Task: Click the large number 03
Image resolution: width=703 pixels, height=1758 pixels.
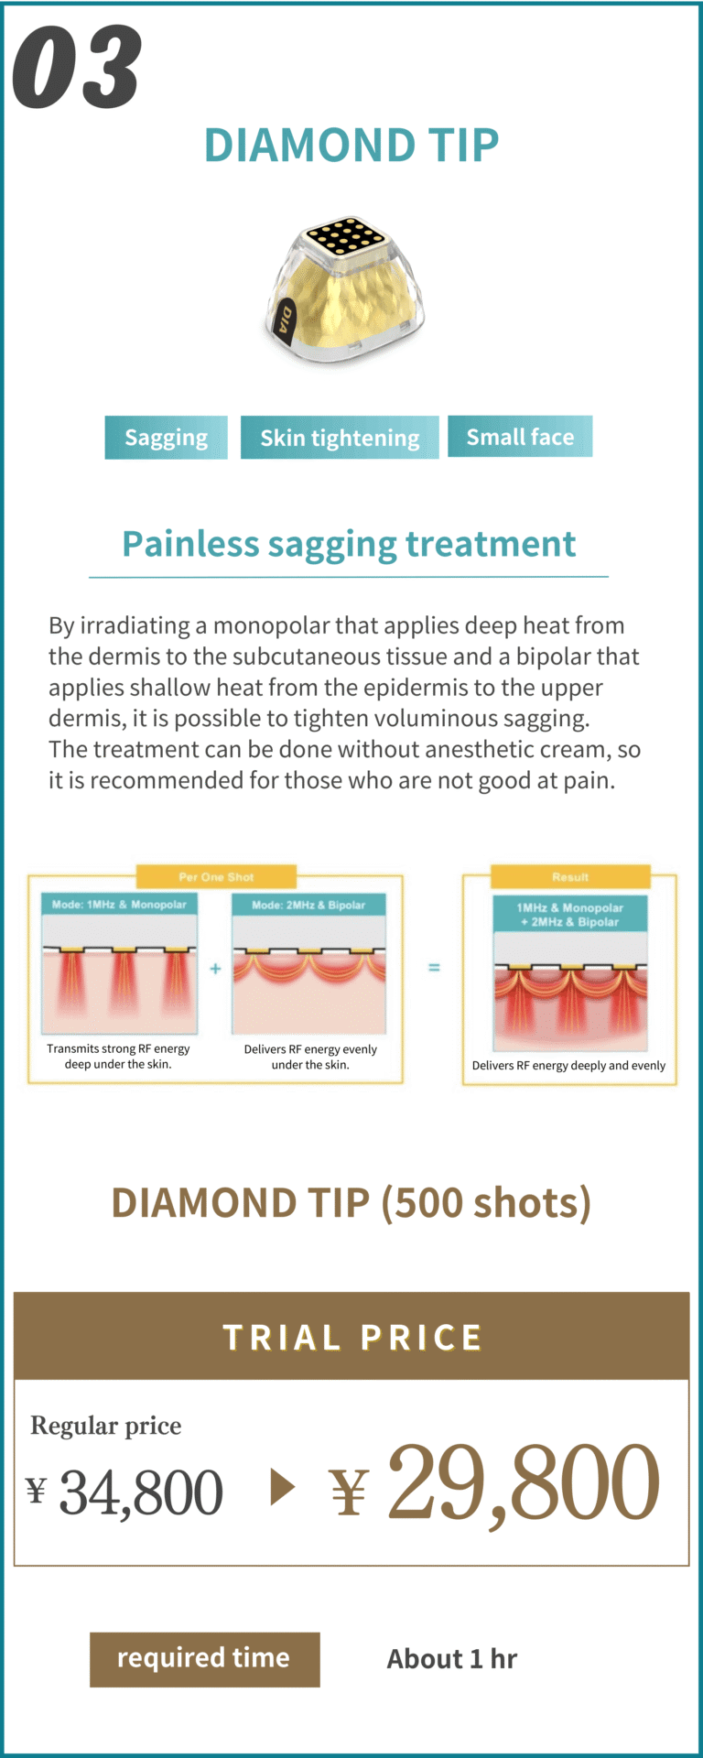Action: pos(77,67)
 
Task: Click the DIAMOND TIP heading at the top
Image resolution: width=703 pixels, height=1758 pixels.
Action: pos(351,145)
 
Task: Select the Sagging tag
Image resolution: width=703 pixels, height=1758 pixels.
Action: pos(166,438)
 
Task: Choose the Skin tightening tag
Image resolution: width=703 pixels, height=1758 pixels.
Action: pos(340,438)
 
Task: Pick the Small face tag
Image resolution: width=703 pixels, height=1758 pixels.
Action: pos(520,437)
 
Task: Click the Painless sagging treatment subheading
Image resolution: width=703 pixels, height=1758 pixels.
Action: pos(349,544)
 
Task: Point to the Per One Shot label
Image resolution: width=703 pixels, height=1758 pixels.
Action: pos(216,876)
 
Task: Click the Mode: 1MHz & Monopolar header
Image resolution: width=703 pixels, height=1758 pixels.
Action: pos(119,905)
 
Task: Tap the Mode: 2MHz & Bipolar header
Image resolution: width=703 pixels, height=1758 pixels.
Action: pos(308,905)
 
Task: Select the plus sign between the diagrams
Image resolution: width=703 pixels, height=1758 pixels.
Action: pos(215,968)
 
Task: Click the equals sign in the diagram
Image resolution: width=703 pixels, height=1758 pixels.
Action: pos(434,967)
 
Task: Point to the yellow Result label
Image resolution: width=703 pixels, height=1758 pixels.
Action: pos(570,876)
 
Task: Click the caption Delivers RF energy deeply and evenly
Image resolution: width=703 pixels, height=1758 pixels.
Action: pos(568,1066)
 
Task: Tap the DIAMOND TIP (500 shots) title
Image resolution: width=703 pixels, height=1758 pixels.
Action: pos(351,1203)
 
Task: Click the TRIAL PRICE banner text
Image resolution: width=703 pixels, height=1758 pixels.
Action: pos(352,1338)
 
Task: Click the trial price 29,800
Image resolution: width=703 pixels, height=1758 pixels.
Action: pos(523,1484)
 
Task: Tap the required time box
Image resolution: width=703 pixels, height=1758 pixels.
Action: pos(205,1659)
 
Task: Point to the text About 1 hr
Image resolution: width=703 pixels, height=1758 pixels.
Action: pos(452,1659)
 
